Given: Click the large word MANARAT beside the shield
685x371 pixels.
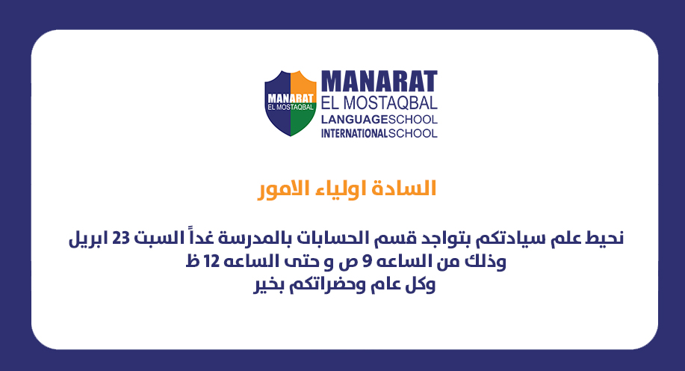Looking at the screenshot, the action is pyautogui.click(x=379, y=82).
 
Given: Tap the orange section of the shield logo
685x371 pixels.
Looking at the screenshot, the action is pyautogui.click(x=303, y=83).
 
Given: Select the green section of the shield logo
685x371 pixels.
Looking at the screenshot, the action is pyautogui.click(x=303, y=122).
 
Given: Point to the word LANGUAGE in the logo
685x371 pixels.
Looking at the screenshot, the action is pyautogui.click(x=354, y=120).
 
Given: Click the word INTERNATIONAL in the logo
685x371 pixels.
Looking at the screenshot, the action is pyautogui.click(x=354, y=133).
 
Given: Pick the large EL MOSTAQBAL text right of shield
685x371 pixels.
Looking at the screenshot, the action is pyautogui.click(x=379, y=103).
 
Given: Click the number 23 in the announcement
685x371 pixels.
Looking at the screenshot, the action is pyautogui.click(x=120, y=239).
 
